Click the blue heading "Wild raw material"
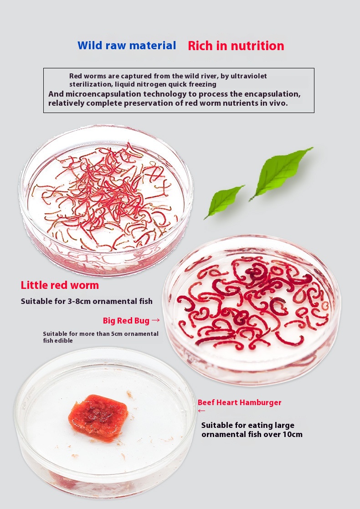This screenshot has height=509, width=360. click(x=127, y=46)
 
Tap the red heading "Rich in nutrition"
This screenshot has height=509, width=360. click(x=236, y=46)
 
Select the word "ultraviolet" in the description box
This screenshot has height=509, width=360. click(x=249, y=76)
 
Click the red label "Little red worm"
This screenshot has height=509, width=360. click(x=60, y=285)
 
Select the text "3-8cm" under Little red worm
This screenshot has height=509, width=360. click(x=79, y=301)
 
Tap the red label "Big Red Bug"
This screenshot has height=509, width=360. click(x=126, y=321)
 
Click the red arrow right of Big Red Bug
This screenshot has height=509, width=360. click(x=156, y=320)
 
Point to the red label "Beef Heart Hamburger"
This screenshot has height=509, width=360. click(x=240, y=402)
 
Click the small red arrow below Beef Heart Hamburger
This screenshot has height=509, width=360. click(x=201, y=411)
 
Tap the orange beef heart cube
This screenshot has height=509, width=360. click(x=98, y=417)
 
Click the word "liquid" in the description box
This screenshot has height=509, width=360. click(x=125, y=84)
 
